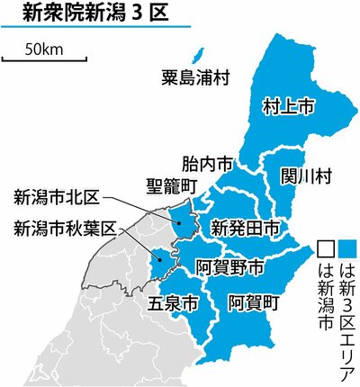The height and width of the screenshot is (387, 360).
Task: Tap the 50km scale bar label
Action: pos(43,49)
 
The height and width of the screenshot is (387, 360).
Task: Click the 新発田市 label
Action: pos(244,224)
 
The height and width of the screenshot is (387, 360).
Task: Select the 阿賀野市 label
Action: pos(230,266)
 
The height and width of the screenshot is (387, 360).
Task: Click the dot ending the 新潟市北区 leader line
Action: pos(179,217)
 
